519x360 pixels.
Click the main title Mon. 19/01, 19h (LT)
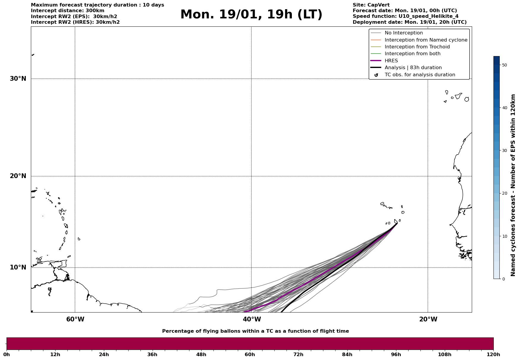click(x=251, y=15)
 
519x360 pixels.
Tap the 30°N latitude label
click(x=18, y=79)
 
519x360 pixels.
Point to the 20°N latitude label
click(x=18, y=176)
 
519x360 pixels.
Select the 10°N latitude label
click(x=18, y=267)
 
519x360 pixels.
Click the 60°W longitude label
click(x=75, y=319)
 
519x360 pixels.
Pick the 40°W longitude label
click(x=252, y=319)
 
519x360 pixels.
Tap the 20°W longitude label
click(x=428, y=319)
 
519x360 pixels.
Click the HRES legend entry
click(x=391, y=61)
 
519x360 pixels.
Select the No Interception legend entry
click(x=404, y=33)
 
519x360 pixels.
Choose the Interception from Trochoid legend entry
click(x=417, y=47)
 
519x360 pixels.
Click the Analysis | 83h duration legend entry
click(x=413, y=68)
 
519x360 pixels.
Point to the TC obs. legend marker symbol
click(x=376, y=75)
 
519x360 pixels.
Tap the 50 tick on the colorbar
click(x=504, y=65)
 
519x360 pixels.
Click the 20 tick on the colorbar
click(x=504, y=193)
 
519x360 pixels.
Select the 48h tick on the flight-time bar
click(x=201, y=355)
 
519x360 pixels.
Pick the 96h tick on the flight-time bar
click(x=396, y=355)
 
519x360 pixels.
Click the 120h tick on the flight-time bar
click(x=493, y=355)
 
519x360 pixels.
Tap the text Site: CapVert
click(x=371, y=5)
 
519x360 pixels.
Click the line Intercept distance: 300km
click(x=67, y=11)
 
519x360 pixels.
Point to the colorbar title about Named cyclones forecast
click(x=513, y=185)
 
